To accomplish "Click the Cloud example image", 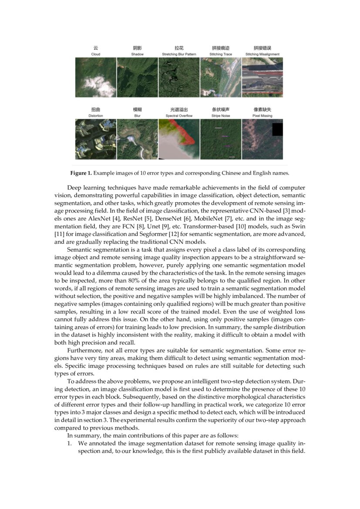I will coord(96,77).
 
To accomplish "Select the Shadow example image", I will coord(137,77).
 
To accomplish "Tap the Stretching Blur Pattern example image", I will coord(179,77).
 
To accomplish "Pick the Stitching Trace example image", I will coord(221,77).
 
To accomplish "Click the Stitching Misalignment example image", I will coord(262,77).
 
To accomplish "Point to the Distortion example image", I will coord(96,139).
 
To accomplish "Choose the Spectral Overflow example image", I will coord(179,139).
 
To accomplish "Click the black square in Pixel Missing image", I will coord(277,129).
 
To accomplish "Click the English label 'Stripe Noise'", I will coord(221,116).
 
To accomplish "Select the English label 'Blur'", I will coord(137,116).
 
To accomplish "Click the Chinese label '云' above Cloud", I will coord(96,48).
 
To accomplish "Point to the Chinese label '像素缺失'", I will coord(262,110).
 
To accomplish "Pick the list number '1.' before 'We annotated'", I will coord(69,443).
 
